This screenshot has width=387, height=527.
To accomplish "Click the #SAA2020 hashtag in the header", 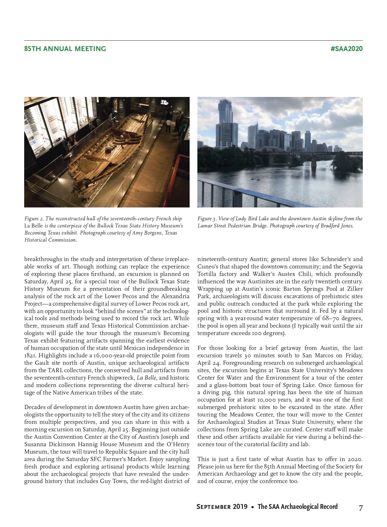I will click(346, 49).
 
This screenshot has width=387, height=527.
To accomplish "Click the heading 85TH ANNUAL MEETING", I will click(65, 49).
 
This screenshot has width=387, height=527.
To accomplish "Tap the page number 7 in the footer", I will click(361, 507).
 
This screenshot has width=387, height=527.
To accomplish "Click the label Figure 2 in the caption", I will click(34, 219).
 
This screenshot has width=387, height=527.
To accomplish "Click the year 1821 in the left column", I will click(30, 355).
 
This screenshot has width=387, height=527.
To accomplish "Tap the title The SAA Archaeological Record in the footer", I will click(297, 507).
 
